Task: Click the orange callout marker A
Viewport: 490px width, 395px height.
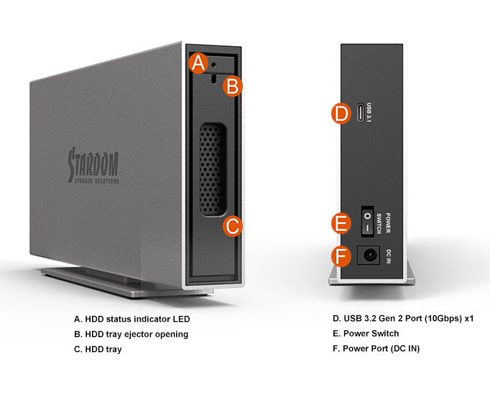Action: click(x=198, y=63)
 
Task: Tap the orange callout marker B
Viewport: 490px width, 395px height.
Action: click(x=232, y=86)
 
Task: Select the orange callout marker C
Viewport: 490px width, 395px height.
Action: click(x=232, y=226)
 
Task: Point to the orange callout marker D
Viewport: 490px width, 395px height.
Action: click(x=341, y=113)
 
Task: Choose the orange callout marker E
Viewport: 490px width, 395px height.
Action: click(x=342, y=223)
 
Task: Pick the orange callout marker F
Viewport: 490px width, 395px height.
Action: click(x=342, y=256)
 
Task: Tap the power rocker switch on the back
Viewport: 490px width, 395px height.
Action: click(x=366, y=223)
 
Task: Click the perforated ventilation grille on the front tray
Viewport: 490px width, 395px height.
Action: click(x=211, y=169)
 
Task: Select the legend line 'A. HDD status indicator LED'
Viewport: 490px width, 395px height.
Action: click(x=132, y=318)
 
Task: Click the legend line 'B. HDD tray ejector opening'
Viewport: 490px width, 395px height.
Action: click(x=131, y=334)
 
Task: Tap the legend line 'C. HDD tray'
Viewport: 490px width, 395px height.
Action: click(x=98, y=349)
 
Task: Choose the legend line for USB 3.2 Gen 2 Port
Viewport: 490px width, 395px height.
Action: click(x=402, y=318)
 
